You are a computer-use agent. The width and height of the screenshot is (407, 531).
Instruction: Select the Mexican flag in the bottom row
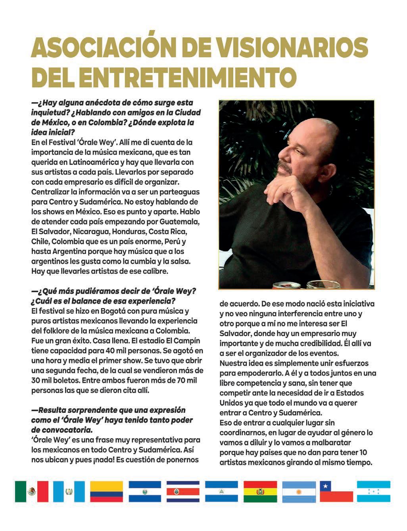tap(32, 491)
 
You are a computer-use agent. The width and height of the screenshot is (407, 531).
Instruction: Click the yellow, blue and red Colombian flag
tap(106, 491)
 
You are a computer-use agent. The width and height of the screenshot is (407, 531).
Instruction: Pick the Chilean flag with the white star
tap(336, 491)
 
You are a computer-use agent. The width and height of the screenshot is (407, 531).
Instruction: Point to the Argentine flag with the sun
tap(299, 491)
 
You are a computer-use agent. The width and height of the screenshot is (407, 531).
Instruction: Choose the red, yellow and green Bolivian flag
tap(260, 491)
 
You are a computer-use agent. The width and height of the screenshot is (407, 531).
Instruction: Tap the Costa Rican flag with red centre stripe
tap(183, 491)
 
